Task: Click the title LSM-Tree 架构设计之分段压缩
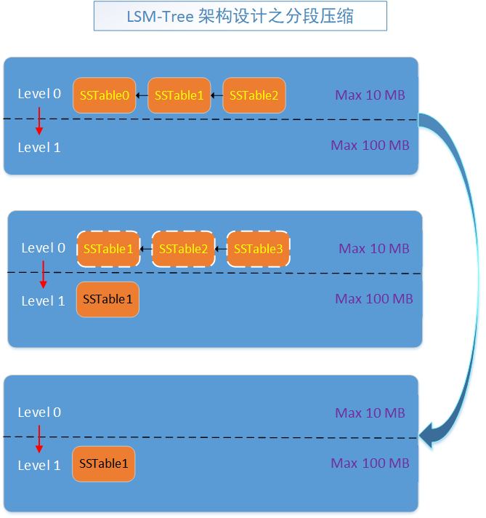240,16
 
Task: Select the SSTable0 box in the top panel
104,95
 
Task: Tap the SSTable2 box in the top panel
254,95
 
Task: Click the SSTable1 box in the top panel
179,95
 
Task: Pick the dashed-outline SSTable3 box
258,249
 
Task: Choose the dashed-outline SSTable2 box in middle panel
183,249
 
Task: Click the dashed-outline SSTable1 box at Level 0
108,249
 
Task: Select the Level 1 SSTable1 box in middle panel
108,299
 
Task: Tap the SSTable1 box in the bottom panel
103,464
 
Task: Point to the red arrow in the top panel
39,121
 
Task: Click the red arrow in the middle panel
43,274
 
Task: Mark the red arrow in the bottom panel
39,439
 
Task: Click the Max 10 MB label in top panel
370,95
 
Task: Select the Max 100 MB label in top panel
370,146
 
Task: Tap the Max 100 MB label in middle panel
374,299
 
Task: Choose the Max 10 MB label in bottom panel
370,413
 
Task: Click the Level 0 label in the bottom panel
39,413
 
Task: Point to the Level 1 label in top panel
39,148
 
